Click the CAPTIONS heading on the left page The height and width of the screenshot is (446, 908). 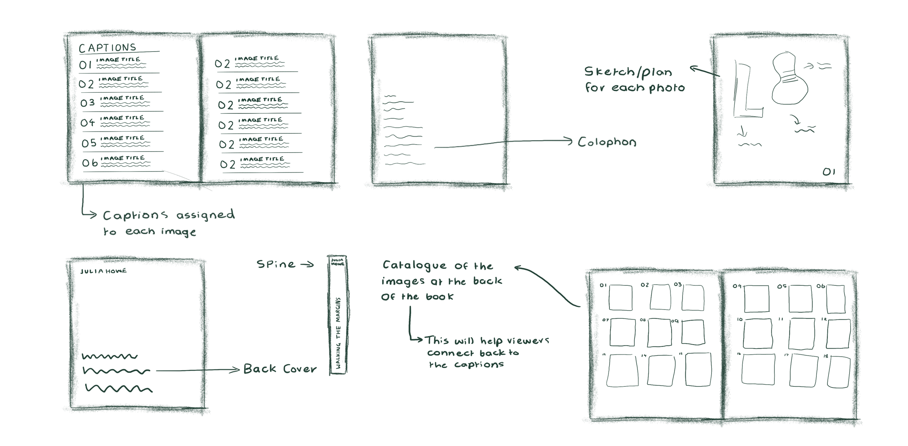coord(108,48)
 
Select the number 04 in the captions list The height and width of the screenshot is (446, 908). coord(88,122)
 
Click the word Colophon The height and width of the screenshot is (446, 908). coord(607,142)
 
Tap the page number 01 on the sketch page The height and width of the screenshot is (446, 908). coord(829,172)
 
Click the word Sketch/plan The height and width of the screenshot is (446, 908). coord(628,72)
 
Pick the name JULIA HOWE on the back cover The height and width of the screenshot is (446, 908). coord(104,271)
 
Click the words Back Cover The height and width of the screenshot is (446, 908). coord(280,369)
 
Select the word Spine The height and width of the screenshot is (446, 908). coord(276,264)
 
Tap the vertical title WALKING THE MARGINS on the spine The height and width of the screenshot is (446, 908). coord(338,333)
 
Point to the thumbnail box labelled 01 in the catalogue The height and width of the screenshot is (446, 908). coord(620,298)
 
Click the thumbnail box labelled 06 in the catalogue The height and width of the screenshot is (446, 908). coord(836,299)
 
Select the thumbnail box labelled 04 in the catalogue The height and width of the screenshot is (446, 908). coord(757,299)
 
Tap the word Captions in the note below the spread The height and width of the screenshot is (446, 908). coord(135,216)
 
